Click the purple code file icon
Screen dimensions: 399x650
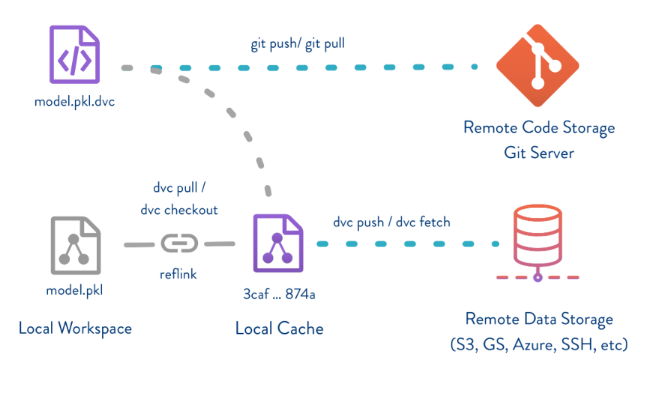tap(74, 54)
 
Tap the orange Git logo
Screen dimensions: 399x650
tap(538, 64)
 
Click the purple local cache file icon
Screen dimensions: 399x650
tap(279, 242)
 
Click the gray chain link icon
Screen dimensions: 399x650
tap(178, 244)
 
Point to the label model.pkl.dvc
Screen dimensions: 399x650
tap(74, 102)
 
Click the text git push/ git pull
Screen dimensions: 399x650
tap(298, 44)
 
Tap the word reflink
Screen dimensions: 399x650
tap(178, 274)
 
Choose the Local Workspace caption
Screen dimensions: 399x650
tap(75, 328)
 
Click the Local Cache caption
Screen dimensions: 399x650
tap(280, 328)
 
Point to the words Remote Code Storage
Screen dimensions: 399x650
tap(538, 127)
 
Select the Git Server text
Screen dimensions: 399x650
tap(538, 153)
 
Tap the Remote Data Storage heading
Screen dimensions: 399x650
tap(538, 320)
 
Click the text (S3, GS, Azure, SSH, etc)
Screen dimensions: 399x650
tap(538, 345)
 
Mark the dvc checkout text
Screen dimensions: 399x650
tap(178, 210)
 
